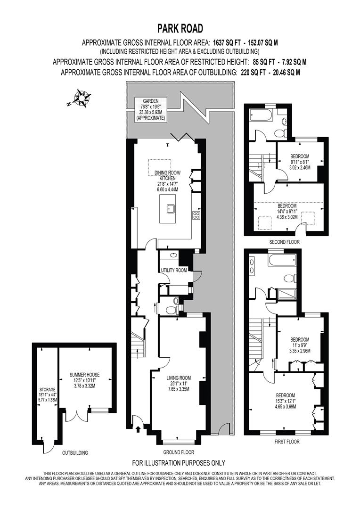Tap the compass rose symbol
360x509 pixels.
[84, 99]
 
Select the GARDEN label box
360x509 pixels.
[150, 109]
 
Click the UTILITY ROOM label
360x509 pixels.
[174, 271]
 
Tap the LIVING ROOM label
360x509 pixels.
[179, 378]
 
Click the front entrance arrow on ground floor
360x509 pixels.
[138, 429]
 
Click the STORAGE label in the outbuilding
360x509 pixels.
[47, 390]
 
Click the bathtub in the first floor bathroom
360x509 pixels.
[282, 260]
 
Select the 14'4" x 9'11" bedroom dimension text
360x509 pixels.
[286, 213]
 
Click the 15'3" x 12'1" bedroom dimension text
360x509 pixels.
[286, 401]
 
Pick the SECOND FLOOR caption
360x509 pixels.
[284, 242]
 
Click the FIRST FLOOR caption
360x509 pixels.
[286, 442]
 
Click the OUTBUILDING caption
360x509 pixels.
[75, 452]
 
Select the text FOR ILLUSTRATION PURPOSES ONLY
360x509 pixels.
[179, 463]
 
